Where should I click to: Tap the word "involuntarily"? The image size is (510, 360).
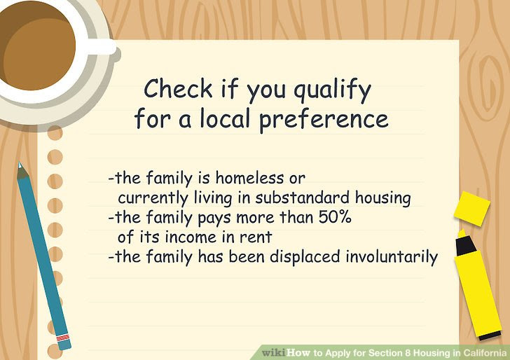point(392,258)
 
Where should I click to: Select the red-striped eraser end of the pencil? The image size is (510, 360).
point(64,340)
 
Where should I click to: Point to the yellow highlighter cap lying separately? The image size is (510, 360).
point(471,209)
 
